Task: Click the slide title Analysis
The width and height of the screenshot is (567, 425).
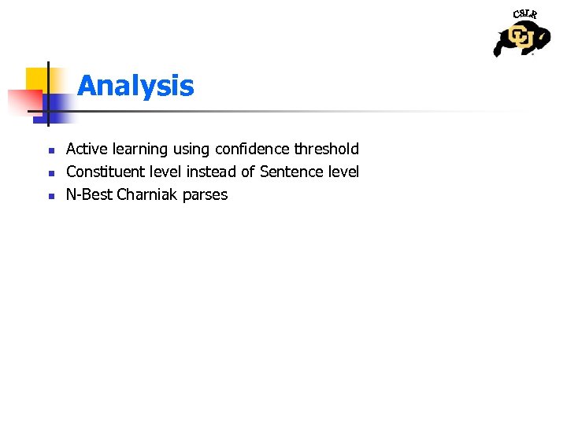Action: tap(135, 85)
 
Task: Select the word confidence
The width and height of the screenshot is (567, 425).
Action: tap(251, 149)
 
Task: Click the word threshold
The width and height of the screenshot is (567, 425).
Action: tap(326, 149)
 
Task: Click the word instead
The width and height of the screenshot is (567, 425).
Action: tap(212, 172)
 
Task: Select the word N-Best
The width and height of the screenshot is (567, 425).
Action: tap(89, 194)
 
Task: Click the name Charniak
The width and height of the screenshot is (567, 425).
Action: tap(147, 194)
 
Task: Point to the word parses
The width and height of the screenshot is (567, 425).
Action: tap(205, 195)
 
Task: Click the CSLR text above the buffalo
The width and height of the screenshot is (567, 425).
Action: tap(524, 14)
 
